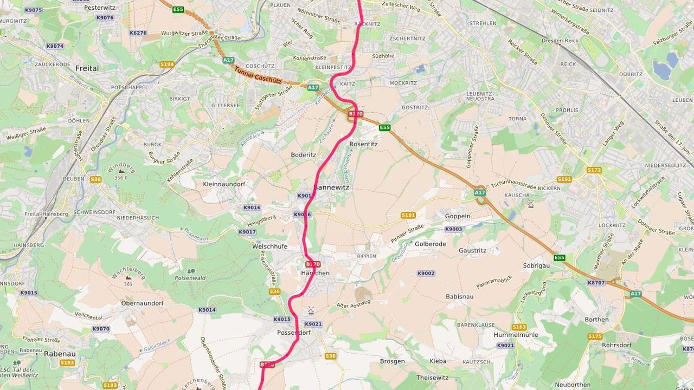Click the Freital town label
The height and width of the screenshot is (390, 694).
pos(87,68)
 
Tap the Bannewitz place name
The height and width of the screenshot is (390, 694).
pos(331,187)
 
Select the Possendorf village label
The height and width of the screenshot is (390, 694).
pos(293,332)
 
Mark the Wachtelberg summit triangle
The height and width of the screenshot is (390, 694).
pos(128,277)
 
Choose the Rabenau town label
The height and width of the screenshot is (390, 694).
pos(59,354)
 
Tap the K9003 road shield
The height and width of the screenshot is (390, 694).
pos(453,229)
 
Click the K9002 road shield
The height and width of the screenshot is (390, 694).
pos(426,274)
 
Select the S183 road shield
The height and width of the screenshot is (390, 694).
pos(519,327)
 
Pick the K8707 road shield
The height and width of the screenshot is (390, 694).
pos(596,283)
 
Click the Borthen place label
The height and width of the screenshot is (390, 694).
pos(596,320)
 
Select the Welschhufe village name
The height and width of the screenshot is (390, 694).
pos(269,246)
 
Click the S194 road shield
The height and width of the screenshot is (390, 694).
pos(166,64)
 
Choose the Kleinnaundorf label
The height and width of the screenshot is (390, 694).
pos(223,184)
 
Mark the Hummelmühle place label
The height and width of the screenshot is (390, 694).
pos(516,335)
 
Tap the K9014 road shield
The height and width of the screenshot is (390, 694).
pos(207,310)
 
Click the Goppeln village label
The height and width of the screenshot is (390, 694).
pos(457,216)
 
